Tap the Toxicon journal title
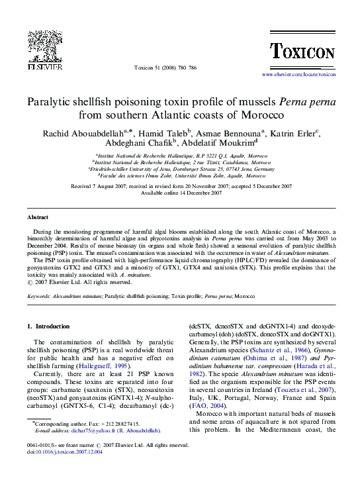click(x=302, y=51)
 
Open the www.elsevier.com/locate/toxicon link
click(x=298, y=75)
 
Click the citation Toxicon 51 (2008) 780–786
click(x=165, y=68)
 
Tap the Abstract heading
click(x=38, y=218)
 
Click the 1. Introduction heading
click(x=48, y=326)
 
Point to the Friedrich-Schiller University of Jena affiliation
click(x=181, y=168)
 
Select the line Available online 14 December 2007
click(x=181, y=193)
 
